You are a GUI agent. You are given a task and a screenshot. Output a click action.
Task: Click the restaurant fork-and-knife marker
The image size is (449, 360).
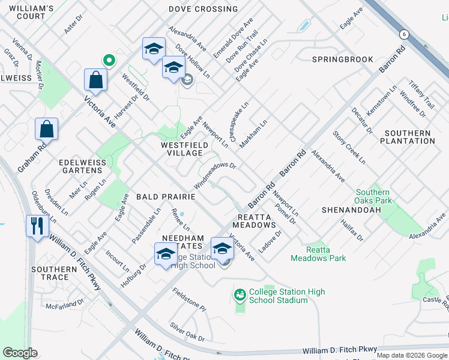(x=37, y=227)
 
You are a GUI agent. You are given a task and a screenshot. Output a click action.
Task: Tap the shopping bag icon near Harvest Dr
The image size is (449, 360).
(x=96, y=80)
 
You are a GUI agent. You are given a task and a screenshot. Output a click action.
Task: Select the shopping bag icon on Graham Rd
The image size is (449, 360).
(x=47, y=129)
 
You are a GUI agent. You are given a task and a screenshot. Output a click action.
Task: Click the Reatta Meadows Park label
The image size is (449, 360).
(x=318, y=254)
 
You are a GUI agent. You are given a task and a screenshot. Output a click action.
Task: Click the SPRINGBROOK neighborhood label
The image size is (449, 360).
(x=343, y=59)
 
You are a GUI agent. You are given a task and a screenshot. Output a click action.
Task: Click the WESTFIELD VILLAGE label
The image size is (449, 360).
(x=185, y=149)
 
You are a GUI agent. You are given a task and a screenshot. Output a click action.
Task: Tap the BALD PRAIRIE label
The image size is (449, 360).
(x=166, y=196)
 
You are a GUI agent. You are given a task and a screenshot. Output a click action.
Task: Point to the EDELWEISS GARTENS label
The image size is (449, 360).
(x=82, y=167)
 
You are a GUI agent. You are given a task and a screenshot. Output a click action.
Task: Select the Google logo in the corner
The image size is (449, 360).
(x=20, y=353)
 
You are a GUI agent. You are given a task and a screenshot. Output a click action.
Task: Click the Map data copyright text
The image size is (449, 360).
(x=412, y=355)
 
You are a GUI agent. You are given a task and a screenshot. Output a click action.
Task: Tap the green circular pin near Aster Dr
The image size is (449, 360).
(x=109, y=60)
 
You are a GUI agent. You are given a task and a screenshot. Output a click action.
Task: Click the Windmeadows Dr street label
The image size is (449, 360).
(x=215, y=175)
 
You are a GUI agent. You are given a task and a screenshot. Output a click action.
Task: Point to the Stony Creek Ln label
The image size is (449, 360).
(x=349, y=147)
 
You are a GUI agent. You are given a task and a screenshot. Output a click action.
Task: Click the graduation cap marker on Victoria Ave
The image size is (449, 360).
(x=222, y=248)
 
